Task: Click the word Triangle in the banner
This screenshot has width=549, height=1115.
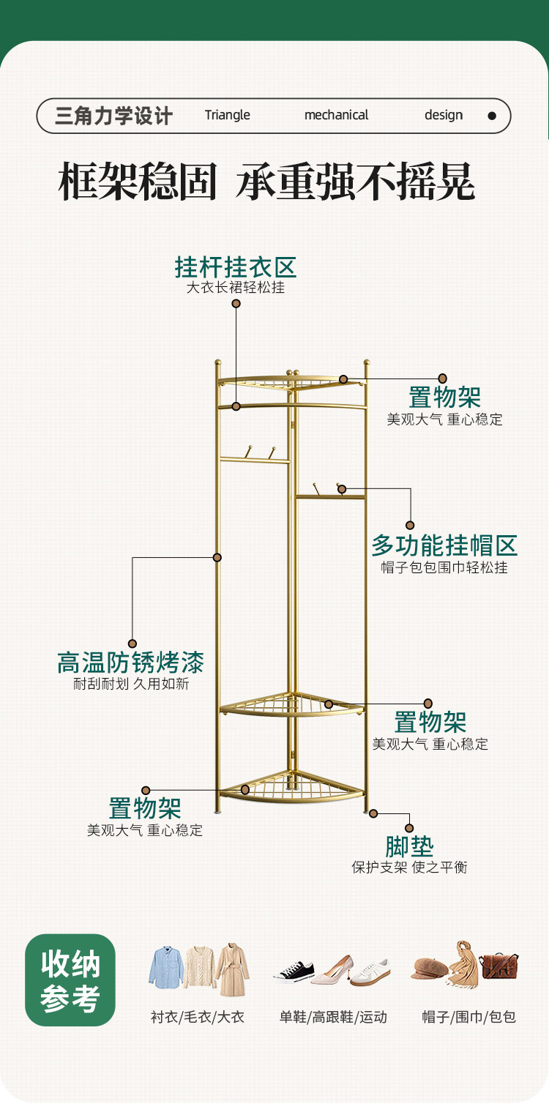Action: pos(227,115)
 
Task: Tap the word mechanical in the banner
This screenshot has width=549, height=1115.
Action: pos(336,115)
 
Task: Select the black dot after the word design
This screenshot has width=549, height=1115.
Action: pos(492,116)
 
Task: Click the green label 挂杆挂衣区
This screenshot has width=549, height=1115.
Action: pos(235,267)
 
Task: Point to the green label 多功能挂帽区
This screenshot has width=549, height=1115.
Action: pos(444,545)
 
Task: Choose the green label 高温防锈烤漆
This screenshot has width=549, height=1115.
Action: pos(130,663)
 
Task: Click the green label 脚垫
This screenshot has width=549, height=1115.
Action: pos(409,847)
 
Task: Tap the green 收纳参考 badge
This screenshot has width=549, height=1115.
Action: pos(70,980)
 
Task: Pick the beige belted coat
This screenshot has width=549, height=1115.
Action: pos(233,968)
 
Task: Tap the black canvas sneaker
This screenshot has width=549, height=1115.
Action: pos(294,972)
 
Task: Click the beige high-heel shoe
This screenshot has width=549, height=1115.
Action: pos(333,970)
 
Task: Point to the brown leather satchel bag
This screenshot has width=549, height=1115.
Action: pos(499,966)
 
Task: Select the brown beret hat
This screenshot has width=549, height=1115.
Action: pos(430,966)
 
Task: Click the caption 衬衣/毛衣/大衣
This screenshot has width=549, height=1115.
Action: pos(197,1017)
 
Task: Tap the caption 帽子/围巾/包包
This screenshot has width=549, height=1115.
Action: pos(468,1017)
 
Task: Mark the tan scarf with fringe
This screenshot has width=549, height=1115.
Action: pos(464,963)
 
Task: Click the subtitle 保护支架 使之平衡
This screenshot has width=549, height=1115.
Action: pos(409,868)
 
